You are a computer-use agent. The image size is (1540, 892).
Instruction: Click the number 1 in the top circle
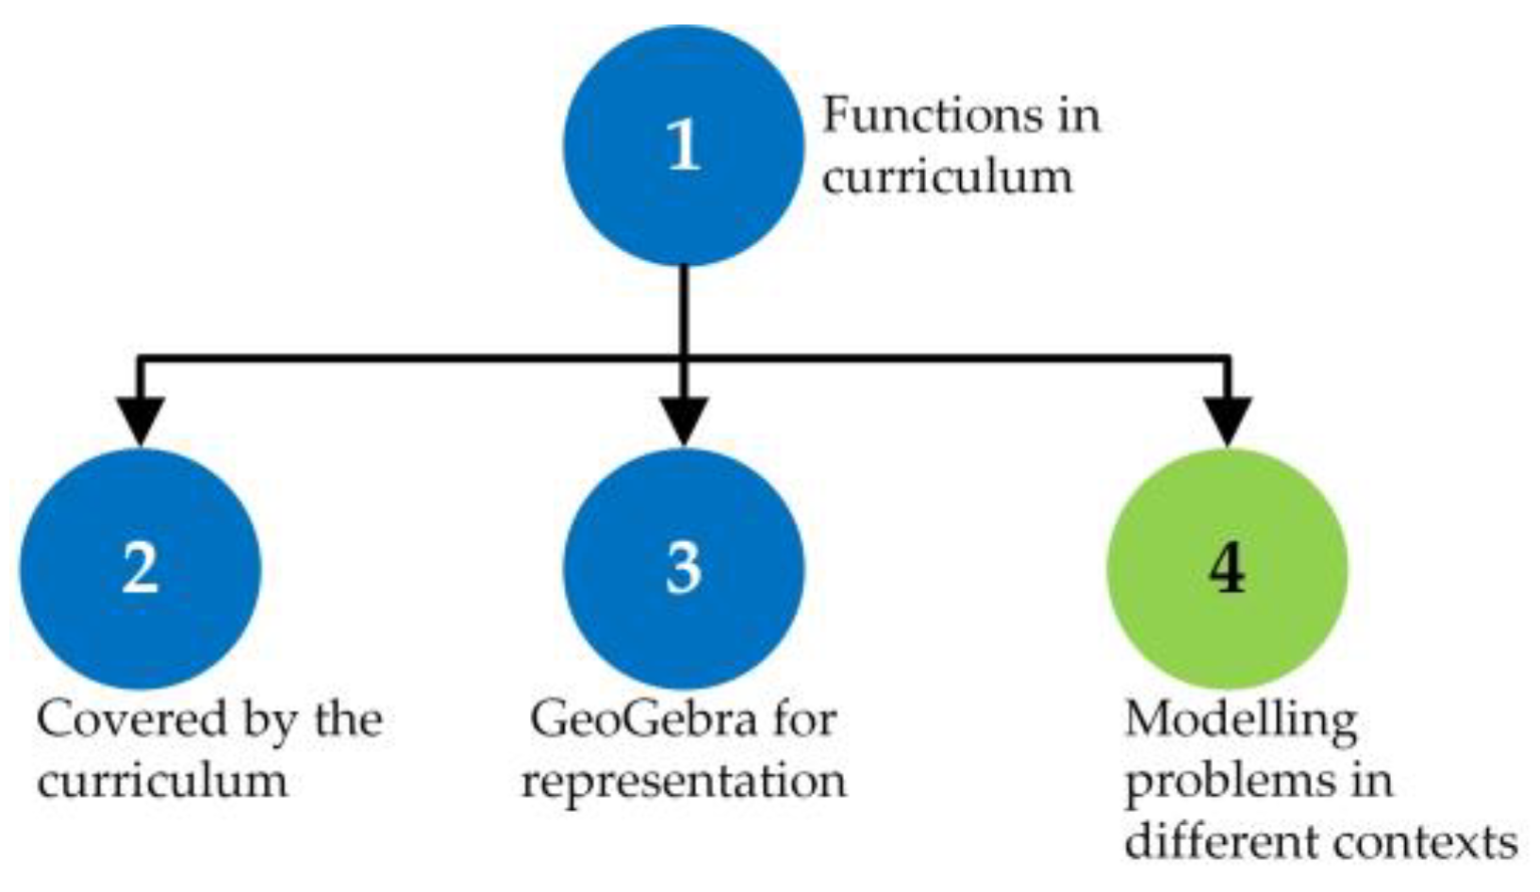684,146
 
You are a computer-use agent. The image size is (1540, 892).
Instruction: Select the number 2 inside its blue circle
141,569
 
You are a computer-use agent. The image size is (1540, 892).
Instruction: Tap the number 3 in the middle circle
684,569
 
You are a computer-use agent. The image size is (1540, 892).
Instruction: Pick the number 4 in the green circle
1227,569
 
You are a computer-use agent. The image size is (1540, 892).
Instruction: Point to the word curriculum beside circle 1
947,177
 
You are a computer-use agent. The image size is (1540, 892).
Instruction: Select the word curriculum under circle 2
162,781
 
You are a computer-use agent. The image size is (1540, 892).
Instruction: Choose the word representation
684,781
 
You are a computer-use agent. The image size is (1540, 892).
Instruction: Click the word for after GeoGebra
803,719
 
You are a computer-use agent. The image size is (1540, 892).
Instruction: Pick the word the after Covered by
348,719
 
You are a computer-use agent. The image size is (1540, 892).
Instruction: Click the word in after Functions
1074,116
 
